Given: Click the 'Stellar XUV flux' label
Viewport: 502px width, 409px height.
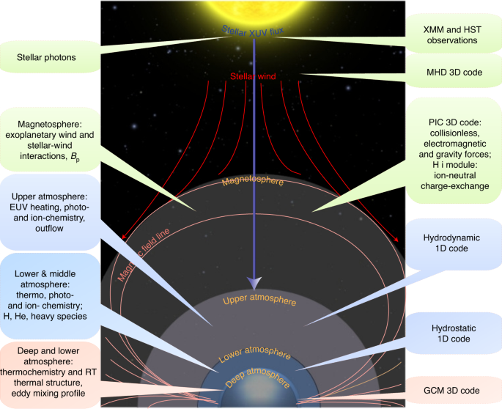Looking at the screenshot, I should coord(253,30).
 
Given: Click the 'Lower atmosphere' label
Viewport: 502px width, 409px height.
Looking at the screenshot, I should coord(253,350).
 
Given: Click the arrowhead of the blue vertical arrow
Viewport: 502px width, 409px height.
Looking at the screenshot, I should coord(254,283).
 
